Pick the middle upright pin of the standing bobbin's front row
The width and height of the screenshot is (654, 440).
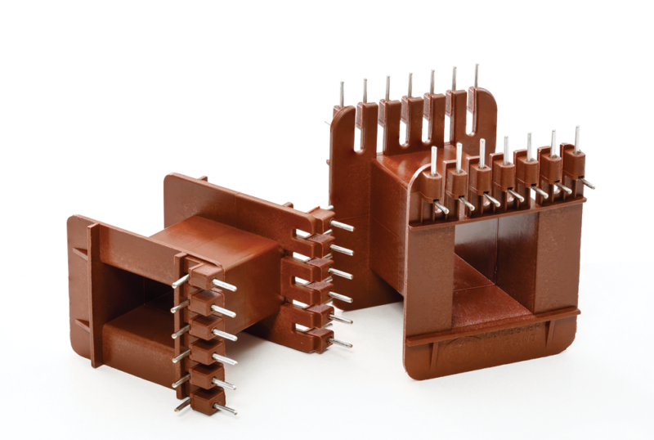coord(506,148)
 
